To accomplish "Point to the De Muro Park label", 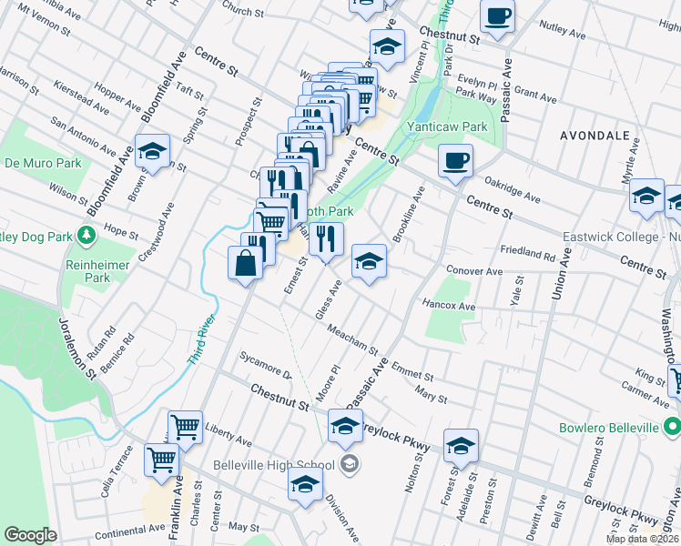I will click(43, 163).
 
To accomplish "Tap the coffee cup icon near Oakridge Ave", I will click(455, 161).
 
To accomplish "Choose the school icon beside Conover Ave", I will click(369, 261).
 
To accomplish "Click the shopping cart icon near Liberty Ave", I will click(185, 424).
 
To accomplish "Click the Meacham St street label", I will click(352, 342).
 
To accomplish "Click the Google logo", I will click(29, 535).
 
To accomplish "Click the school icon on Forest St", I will click(461, 445).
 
